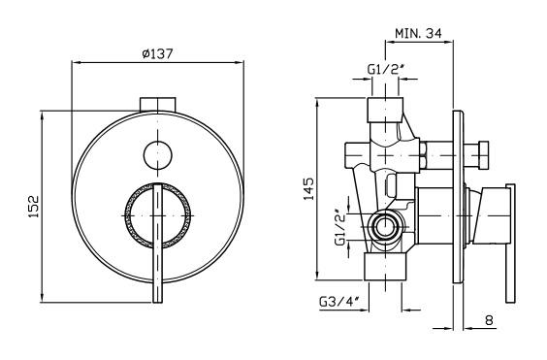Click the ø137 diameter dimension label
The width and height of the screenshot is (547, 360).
[158, 53]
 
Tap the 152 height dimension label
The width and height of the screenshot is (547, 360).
[34, 207]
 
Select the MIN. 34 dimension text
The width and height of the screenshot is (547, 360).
[418, 33]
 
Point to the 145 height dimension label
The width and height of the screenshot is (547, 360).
[308, 189]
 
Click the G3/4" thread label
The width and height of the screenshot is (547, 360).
[339, 302]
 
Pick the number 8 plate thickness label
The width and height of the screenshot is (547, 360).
[489, 320]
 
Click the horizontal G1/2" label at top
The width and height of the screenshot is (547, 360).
[385, 70]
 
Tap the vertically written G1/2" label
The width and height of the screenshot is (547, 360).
[340, 227]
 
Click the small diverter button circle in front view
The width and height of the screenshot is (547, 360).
[158, 155]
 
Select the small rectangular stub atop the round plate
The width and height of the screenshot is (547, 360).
[158, 105]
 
